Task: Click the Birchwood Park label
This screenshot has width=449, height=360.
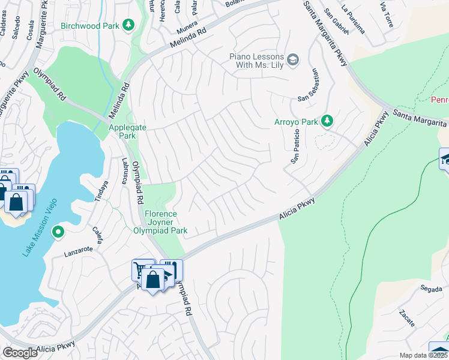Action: [89, 26]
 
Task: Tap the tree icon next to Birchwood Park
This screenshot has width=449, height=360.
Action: [128, 25]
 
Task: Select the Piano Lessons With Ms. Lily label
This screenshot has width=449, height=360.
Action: [255, 60]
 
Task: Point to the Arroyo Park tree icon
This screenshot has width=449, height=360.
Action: [327, 122]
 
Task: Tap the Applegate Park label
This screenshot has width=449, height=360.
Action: [122, 131]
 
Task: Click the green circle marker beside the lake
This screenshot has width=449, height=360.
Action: [58, 232]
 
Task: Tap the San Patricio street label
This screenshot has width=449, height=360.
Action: [295, 151]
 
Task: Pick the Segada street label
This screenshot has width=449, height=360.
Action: [431, 289]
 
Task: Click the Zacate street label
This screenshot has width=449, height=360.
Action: [406, 319]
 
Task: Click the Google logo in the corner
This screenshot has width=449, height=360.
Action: [20, 353]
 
